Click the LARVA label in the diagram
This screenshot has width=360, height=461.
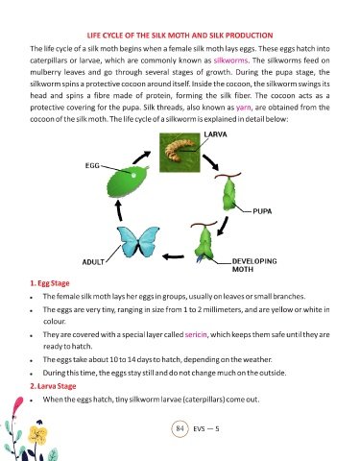(215, 134)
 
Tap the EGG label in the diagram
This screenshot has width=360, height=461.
(92, 166)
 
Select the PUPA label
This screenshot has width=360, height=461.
(262, 211)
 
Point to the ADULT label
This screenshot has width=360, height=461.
(93, 262)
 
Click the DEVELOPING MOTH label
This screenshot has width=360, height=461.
(254, 265)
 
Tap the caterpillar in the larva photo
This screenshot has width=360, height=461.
(179, 149)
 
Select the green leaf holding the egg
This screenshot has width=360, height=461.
(127, 182)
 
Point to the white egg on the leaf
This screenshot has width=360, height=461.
(133, 176)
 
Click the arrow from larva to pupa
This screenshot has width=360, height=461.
(211, 162)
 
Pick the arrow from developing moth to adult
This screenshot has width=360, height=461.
(173, 256)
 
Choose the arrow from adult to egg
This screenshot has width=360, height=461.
(119, 210)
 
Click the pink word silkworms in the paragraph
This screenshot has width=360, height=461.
(230, 61)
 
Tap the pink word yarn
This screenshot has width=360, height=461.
(244, 108)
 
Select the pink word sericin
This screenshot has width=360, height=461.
(196, 335)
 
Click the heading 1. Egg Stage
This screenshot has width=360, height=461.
(50, 283)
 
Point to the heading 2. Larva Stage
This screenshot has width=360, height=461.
(53, 386)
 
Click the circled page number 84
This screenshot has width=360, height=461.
(180, 428)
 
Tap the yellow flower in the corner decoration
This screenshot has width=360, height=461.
(37, 435)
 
